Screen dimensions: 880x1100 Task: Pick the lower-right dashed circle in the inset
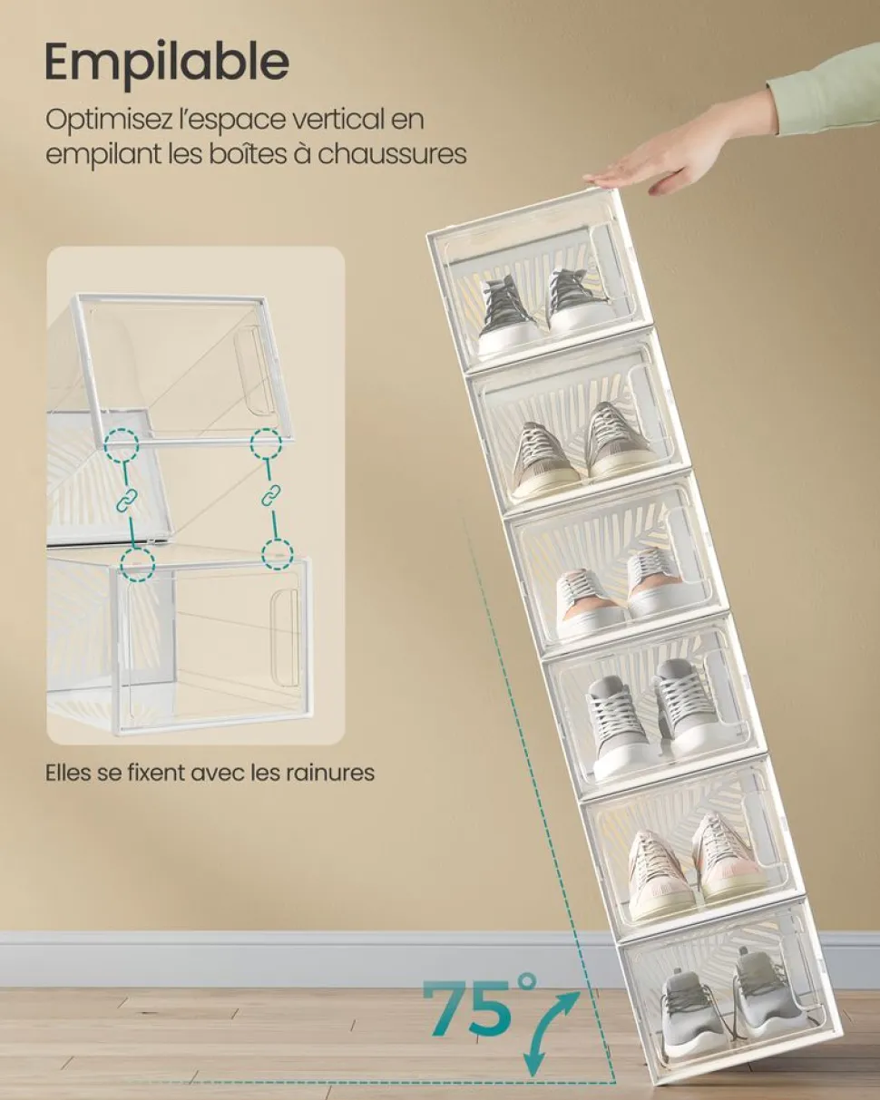click(278, 553)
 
